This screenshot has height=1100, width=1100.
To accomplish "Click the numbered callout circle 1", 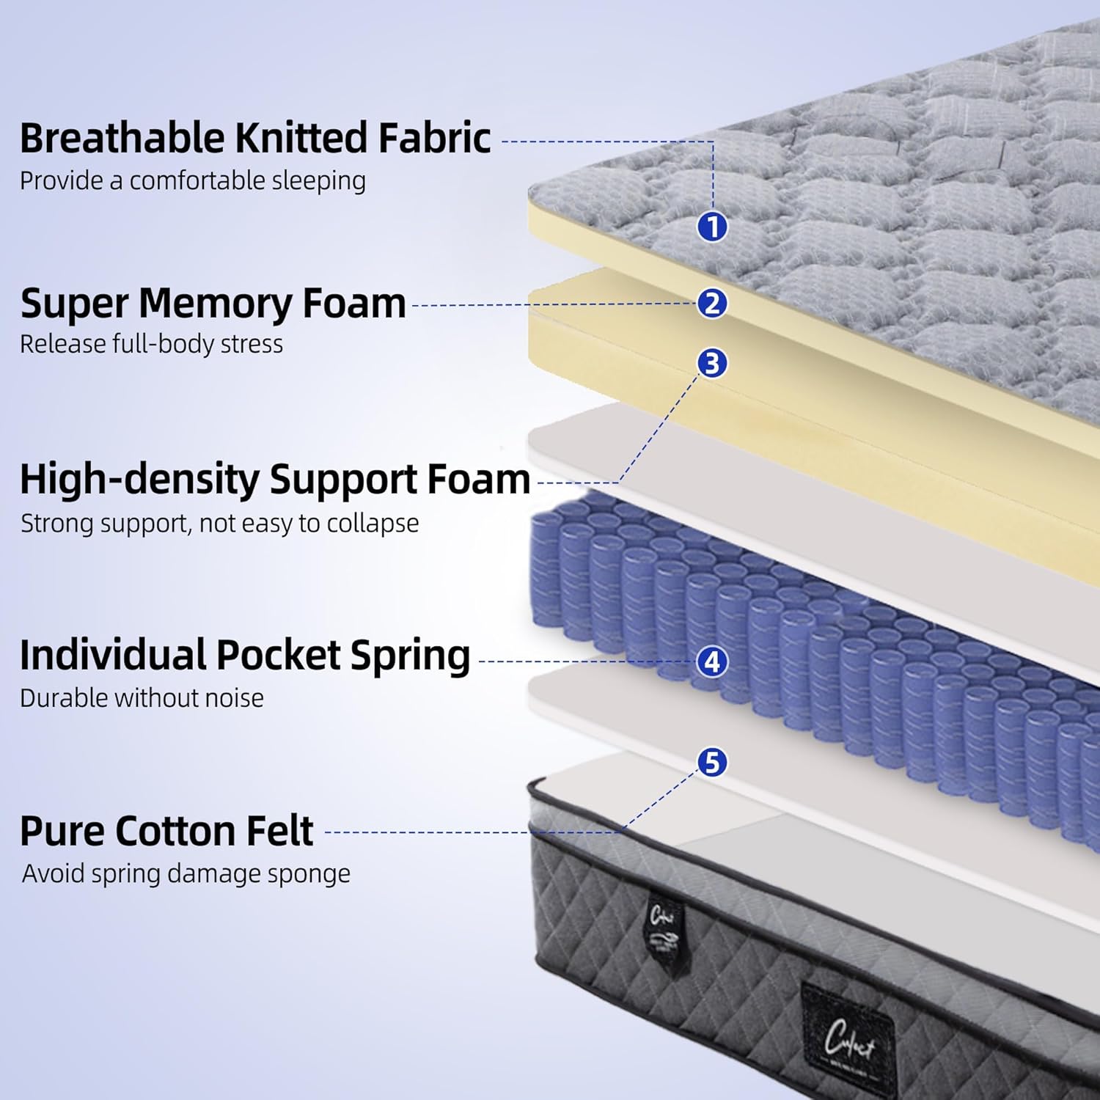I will (712, 227).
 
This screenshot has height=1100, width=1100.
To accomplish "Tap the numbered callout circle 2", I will (712, 303).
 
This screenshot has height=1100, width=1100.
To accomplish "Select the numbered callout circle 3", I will (712, 363).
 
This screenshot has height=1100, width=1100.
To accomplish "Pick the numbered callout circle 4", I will (712, 661).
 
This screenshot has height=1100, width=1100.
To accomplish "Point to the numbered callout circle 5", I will (712, 763).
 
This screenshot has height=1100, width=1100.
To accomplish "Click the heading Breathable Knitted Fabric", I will (255, 138).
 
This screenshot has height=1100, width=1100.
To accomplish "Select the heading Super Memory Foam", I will (213, 303).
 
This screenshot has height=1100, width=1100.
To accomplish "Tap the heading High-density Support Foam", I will (275, 480).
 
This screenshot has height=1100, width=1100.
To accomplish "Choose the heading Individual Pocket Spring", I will (245, 655).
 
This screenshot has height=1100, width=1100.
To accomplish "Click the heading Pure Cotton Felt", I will (166, 831).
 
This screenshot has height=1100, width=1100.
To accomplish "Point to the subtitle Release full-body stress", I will (151, 344).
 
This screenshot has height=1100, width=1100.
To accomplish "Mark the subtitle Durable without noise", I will (142, 698).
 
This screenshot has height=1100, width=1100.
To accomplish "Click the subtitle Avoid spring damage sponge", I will (186, 873).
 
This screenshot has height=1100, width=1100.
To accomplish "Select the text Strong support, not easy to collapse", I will (219, 524).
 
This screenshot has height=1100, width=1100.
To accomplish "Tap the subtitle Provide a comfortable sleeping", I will (192, 180).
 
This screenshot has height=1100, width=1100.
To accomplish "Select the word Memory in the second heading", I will (216, 304).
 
